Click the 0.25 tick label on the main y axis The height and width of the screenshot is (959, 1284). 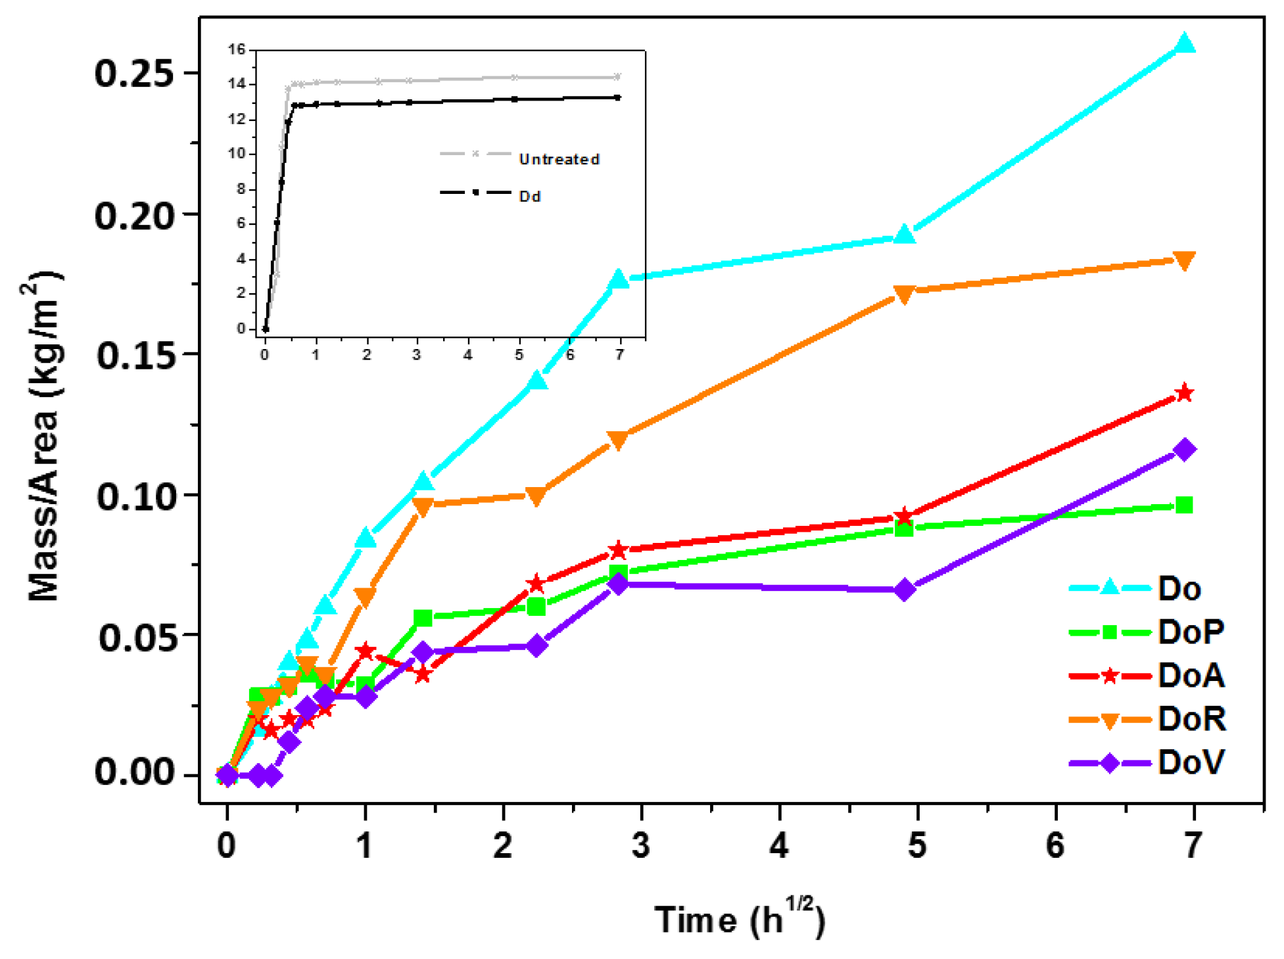[x=135, y=73]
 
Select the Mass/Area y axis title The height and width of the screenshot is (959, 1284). [x=45, y=437]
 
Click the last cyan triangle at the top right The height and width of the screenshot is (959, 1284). [x=1185, y=44]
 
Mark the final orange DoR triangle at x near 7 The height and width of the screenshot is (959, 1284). [x=1184, y=260]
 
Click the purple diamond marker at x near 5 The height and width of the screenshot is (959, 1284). [x=905, y=590]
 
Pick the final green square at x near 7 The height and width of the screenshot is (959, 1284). [x=1184, y=505]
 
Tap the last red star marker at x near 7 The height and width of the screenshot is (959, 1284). [x=1184, y=393]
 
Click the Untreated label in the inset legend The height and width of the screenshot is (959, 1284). [x=559, y=159]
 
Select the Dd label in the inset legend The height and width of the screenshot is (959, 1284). [x=530, y=197]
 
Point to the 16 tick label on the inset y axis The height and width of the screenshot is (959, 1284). [x=236, y=49]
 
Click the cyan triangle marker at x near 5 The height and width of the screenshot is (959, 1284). [x=905, y=235]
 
